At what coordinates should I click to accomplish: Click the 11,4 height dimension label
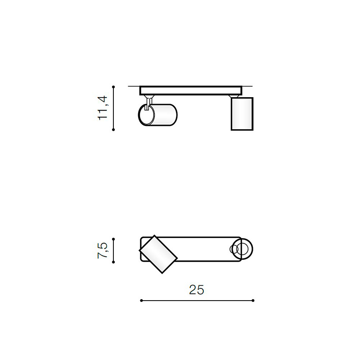[103, 108]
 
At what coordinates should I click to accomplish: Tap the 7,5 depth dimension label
[103, 250]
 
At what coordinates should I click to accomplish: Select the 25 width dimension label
[197, 290]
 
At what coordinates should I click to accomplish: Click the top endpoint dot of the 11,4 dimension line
[113, 87]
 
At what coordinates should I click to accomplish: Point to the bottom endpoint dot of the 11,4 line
[113, 130]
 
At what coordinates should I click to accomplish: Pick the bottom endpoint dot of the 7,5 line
[113, 262]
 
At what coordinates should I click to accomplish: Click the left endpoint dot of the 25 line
[141, 301]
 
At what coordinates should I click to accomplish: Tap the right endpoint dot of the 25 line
[253, 301]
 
